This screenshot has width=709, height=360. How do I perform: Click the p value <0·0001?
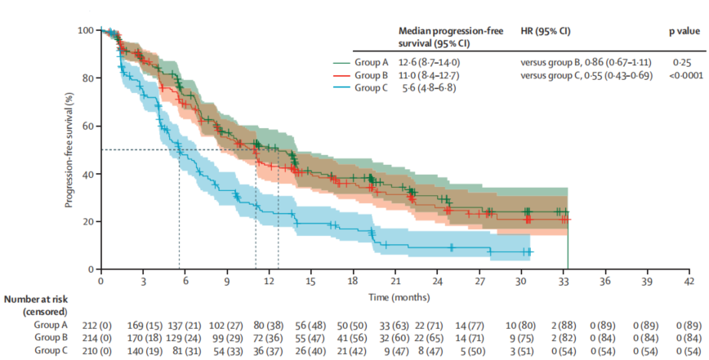[x=682, y=75]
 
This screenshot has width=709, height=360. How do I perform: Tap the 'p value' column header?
[x=683, y=30]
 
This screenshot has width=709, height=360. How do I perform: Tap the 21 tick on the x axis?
[x=395, y=279]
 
